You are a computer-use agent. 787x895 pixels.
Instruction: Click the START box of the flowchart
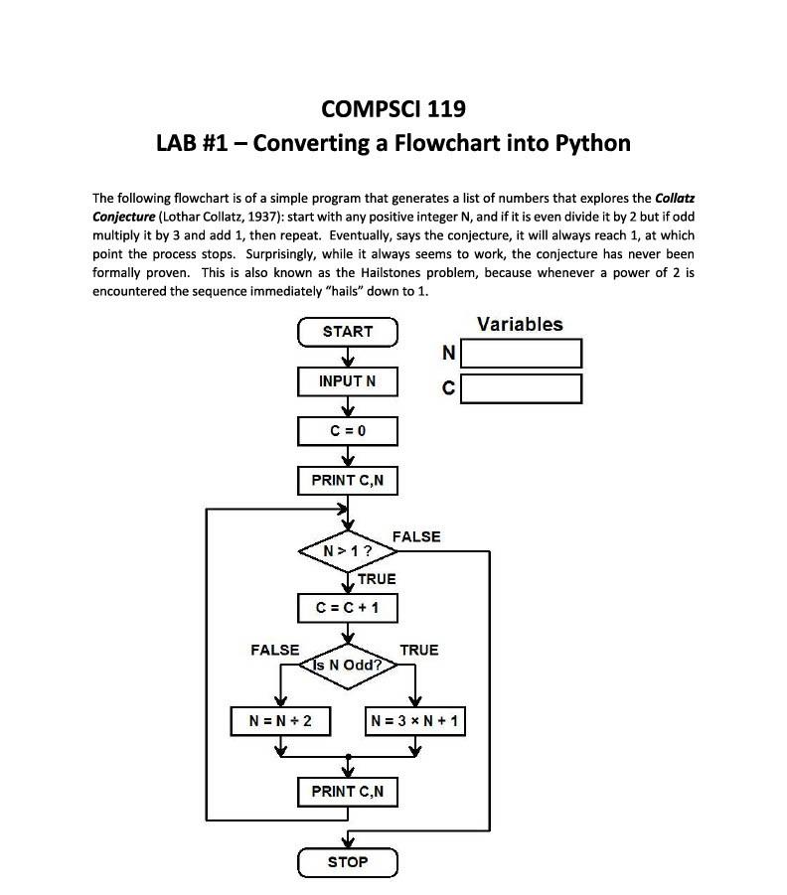348,332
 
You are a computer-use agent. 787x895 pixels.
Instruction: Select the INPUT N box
348,381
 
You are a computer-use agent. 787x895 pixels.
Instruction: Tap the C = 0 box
348,431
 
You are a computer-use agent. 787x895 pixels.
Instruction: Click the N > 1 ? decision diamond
348,550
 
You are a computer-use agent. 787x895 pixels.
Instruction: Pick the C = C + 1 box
348,607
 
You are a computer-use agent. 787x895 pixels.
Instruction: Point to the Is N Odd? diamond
348,665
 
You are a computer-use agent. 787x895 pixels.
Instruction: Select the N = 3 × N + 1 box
415,721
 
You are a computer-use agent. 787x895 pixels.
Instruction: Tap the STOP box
348,862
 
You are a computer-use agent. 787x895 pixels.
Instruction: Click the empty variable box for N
521,354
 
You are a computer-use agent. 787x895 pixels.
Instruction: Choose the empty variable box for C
521,388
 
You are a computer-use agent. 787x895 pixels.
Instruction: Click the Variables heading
520,324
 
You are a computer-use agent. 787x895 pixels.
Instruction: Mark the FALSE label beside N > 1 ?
416,536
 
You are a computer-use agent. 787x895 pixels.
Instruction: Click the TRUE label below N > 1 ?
377,579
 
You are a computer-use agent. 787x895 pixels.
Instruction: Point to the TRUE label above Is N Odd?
418,650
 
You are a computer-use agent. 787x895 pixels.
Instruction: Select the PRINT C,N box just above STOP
348,792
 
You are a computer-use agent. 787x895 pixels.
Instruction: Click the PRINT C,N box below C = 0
348,481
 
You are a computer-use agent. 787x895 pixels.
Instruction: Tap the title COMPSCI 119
393,108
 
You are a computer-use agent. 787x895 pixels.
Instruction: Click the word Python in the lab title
592,143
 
